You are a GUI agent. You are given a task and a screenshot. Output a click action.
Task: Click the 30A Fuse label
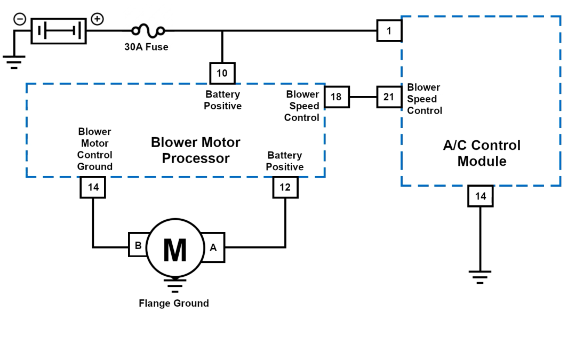click(x=146, y=47)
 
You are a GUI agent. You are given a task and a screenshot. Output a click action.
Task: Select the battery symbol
click(x=59, y=30)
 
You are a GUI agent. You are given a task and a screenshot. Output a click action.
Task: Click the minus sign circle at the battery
click(x=19, y=19)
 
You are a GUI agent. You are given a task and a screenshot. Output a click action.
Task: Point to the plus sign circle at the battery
click(x=97, y=19)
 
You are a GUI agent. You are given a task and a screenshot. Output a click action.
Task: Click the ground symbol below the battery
click(x=14, y=62)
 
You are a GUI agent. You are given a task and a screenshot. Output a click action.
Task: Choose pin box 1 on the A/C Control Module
click(x=389, y=31)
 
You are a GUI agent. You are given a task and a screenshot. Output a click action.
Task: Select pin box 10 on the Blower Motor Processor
click(x=222, y=73)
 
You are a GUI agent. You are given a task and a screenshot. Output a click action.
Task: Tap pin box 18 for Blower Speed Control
click(x=336, y=97)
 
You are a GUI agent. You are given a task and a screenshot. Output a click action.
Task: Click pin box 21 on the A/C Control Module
click(x=389, y=97)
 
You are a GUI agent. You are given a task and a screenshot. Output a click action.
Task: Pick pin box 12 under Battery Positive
click(x=285, y=187)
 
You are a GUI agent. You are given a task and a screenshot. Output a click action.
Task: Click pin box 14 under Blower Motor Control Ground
click(x=93, y=187)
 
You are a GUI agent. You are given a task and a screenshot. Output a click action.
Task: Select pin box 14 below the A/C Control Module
click(x=480, y=196)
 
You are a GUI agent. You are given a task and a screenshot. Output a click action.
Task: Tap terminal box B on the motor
click(x=138, y=246)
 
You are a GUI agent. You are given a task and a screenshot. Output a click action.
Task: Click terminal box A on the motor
click(x=213, y=247)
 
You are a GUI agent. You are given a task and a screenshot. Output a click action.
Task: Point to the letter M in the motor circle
click(x=174, y=251)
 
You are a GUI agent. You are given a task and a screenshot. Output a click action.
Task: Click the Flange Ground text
click(x=174, y=303)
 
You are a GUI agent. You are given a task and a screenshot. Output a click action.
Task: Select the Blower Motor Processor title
click(x=195, y=150)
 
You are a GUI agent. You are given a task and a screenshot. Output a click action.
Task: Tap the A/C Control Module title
click(x=481, y=153)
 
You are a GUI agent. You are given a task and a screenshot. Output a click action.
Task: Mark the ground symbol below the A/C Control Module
click(x=480, y=276)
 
